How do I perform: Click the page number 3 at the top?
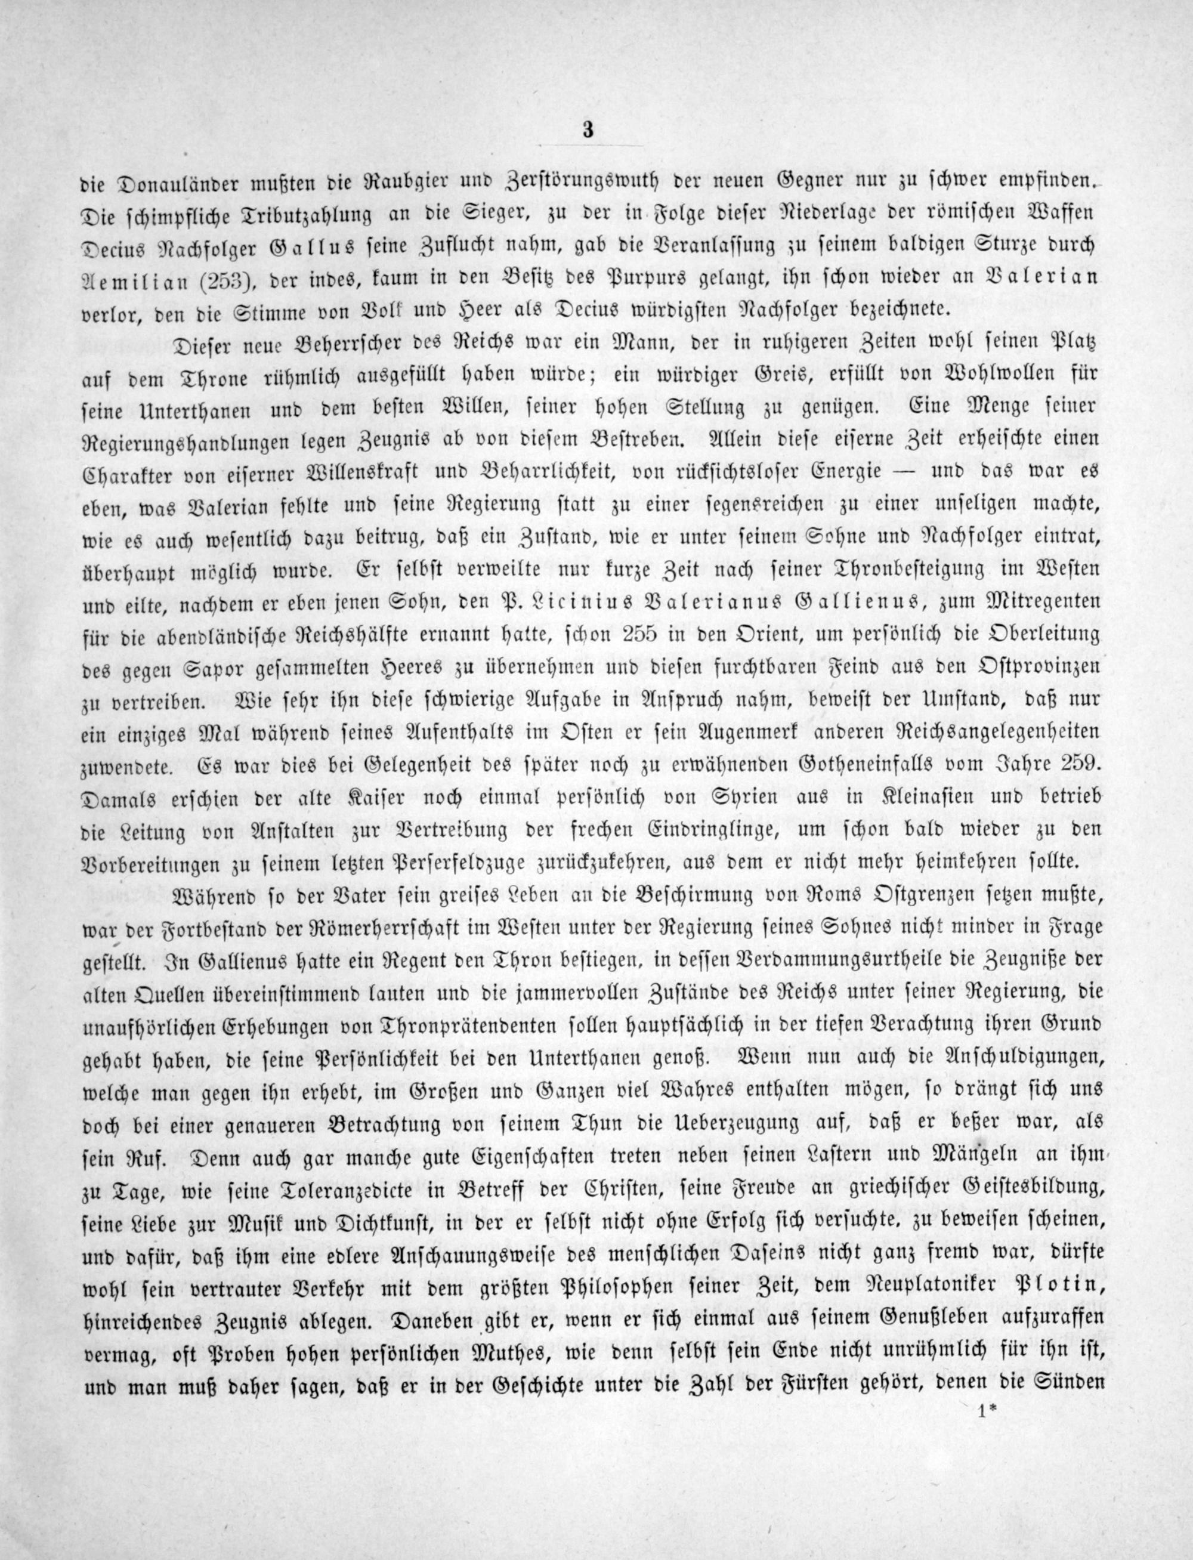pos(586,131)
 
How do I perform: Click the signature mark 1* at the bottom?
pos(988,1527)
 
